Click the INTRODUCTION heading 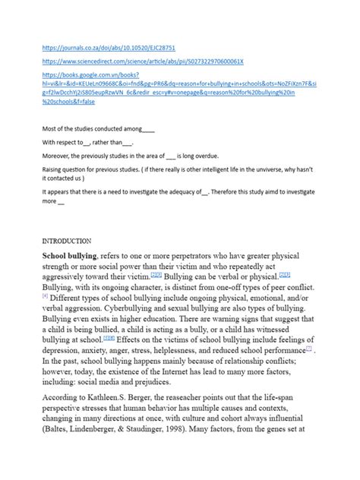[68, 241]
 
